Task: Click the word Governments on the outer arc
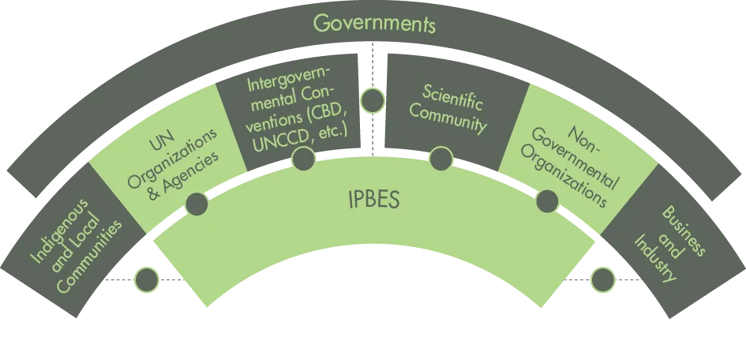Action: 374,24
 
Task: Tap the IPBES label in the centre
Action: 373,201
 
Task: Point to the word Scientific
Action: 452,97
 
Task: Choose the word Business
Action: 683,231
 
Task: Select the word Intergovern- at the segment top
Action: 289,83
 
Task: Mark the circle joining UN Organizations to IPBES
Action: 197,204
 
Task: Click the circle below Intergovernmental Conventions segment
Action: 304,159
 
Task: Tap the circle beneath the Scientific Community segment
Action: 441,159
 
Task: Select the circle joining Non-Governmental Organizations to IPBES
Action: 547,201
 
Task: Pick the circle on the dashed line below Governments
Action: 373,100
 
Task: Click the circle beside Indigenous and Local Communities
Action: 147,279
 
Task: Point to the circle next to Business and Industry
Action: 603,279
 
